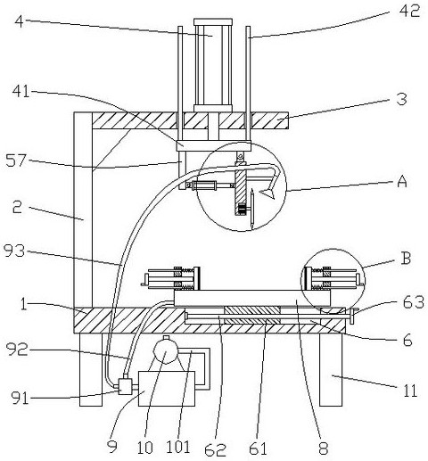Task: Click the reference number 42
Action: [409, 12]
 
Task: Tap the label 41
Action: [21, 91]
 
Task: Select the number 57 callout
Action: [16, 161]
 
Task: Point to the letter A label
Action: [402, 181]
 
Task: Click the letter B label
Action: [406, 258]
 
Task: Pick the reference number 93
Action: [14, 251]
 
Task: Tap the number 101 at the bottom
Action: [177, 447]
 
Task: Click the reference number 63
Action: [413, 302]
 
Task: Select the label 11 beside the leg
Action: [410, 391]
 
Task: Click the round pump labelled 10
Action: [165, 352]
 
